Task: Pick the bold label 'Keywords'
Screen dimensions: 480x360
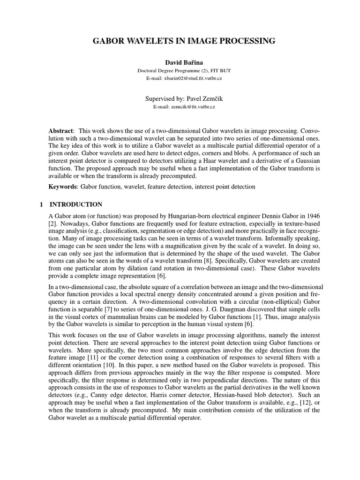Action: (x=63, y=187)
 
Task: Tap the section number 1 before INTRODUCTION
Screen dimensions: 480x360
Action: (x=41, y=205)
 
